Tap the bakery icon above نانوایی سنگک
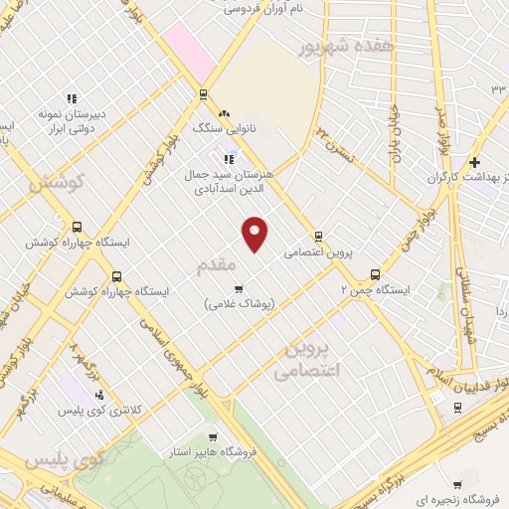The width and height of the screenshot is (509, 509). (x=225, y=114)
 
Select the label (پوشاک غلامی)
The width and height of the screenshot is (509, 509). (x=239, y=303)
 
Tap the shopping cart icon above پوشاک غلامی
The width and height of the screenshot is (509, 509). (x=238, y=288)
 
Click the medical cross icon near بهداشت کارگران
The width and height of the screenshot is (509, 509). (x=475, y=161)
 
